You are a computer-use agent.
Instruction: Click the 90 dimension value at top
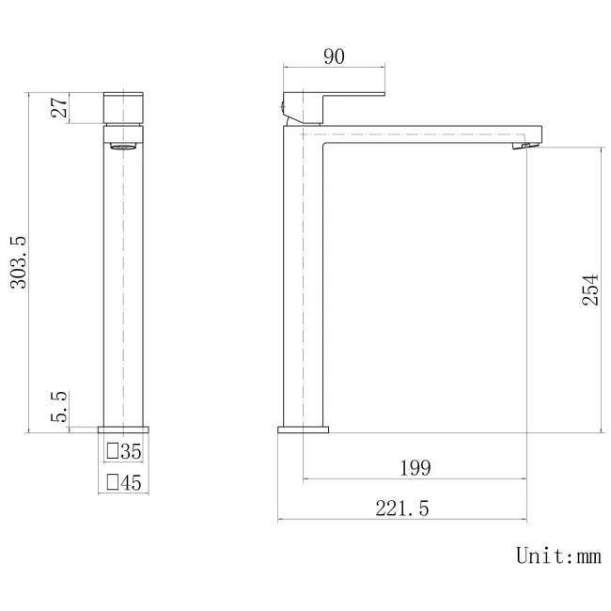(334, 56)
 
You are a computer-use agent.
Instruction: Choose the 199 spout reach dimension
(415, 467)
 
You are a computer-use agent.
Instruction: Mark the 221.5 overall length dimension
(402, 509)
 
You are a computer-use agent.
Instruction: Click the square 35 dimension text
(131, 452)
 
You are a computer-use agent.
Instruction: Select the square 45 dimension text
(131, 483)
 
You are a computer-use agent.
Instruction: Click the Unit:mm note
(557, 556)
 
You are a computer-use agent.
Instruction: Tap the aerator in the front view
(122, 146)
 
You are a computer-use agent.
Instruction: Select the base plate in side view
(303, 430)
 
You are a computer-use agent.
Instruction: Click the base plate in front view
(122, 430)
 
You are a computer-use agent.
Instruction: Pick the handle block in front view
(122, 108)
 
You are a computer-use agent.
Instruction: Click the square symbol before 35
(112, 452)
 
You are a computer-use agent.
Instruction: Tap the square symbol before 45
(112, 483)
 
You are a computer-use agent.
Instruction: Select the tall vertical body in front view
(122, 282)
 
